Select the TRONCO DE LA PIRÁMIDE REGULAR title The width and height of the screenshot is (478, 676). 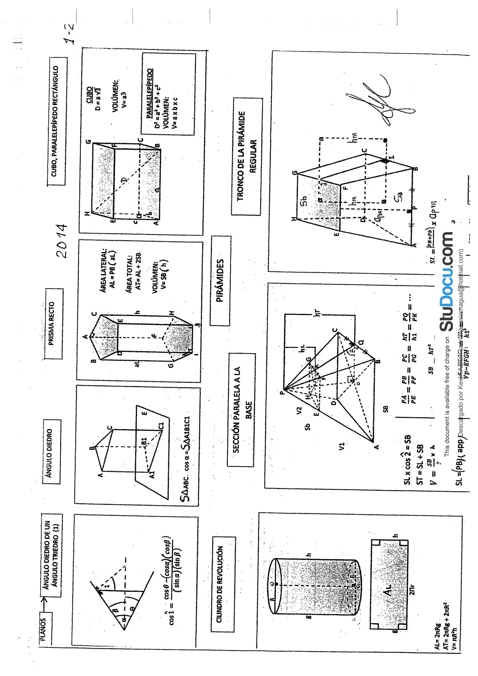(247, 156)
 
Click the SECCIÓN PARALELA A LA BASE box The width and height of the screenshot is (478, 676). (241, 410)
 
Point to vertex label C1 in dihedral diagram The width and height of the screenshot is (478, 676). (161, 426)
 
